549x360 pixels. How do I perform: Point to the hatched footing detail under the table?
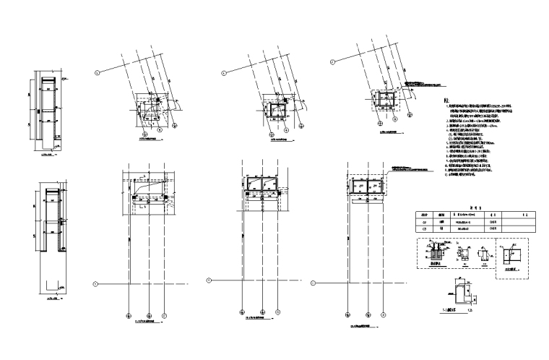point(437,255)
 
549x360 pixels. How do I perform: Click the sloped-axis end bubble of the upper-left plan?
point(98,72)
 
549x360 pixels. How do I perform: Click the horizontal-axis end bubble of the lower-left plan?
point(95,283)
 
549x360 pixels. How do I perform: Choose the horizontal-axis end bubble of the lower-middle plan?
point(209,280)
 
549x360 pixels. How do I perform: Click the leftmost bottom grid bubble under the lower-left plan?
point(129,315)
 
